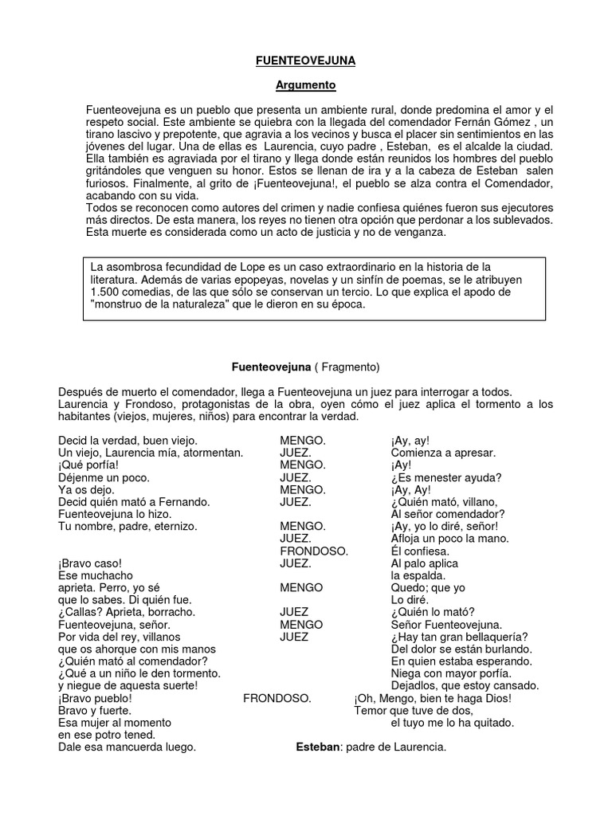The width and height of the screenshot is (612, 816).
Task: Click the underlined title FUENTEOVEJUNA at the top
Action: (x=306, y=59)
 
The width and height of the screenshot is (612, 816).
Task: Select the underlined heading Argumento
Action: (x=306, y=84)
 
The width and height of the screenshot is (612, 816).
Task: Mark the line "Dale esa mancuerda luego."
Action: (x=127, y=747)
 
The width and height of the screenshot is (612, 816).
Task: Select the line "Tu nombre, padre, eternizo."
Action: (x=127, y=526)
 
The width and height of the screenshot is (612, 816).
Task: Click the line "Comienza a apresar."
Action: (x=443, y=453)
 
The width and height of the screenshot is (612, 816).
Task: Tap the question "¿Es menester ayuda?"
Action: (x=445, y=477)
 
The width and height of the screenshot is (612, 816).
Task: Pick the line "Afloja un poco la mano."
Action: (x=449, y=539)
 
